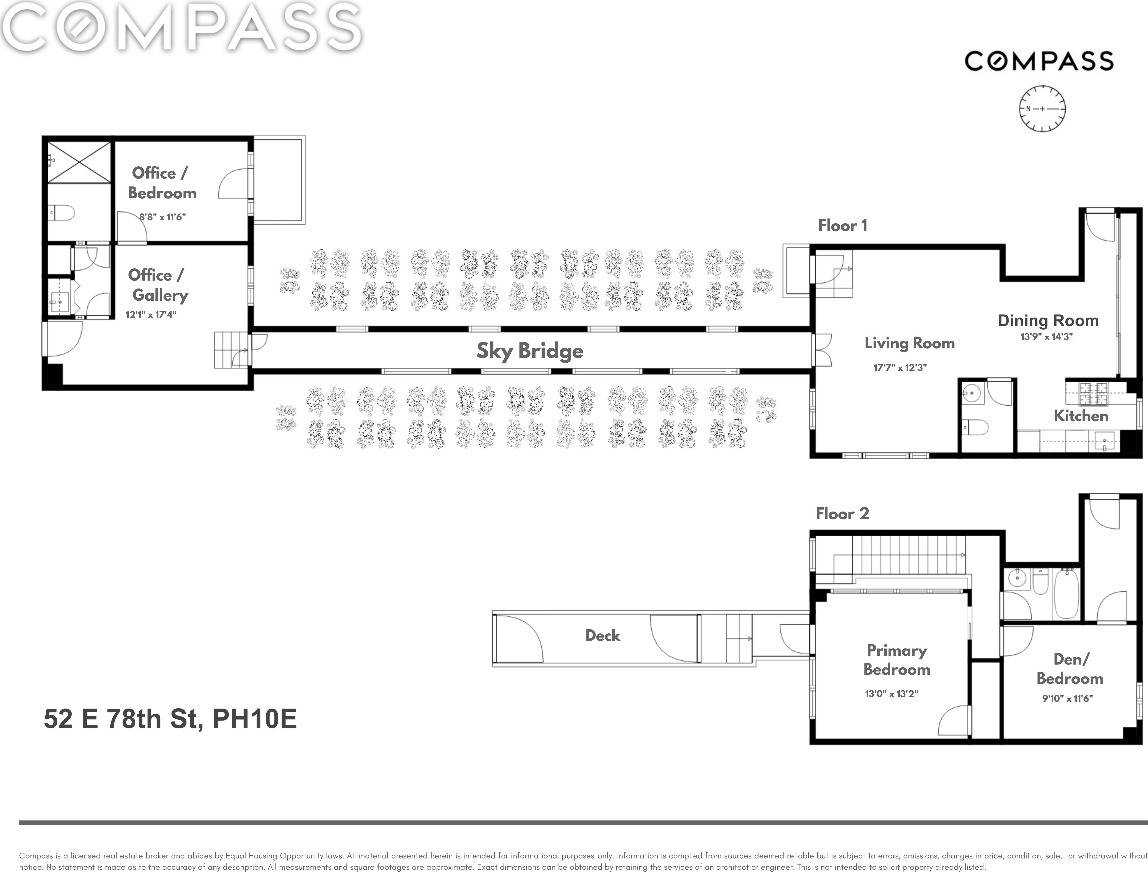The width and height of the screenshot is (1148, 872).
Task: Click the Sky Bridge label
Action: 530,351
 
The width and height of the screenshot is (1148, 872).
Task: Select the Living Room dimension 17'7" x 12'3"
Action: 900,367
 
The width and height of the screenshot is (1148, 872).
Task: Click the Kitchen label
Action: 1081,416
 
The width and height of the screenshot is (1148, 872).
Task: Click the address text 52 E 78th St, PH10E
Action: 170,719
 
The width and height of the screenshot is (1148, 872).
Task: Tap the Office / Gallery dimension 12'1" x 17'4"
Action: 151,314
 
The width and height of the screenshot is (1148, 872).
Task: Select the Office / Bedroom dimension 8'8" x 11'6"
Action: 163,217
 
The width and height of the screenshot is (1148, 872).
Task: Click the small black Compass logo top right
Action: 1039,61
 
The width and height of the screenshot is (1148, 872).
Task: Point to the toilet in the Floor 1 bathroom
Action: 975,428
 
